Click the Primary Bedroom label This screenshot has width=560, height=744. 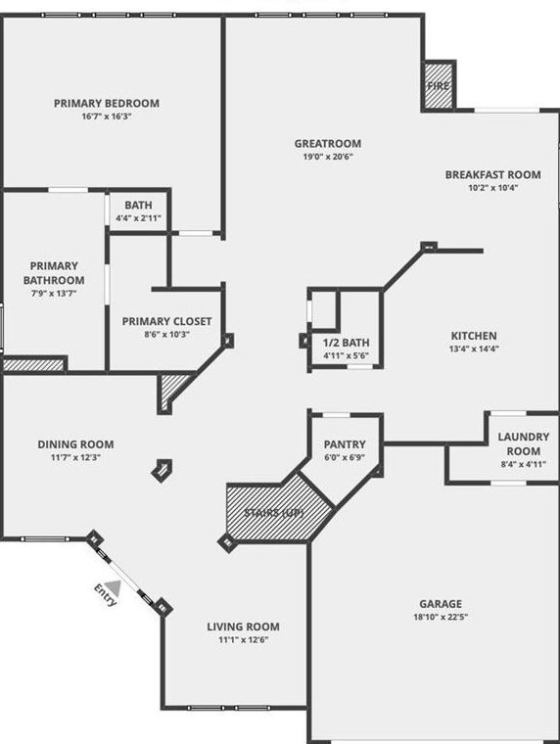pyautogui.click(x=107, y=103)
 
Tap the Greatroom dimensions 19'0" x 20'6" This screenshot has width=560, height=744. pyautogui.click(x=328, y=157)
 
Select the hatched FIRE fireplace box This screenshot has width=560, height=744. pyautogui.click(x=438, y=86)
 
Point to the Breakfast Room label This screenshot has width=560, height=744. pyautogui.click(x=492, y=174)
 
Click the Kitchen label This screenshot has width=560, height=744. pyautogui.click(x=474, y=336)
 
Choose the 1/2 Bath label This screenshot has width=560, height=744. pyautogui.click(x=346, y=343)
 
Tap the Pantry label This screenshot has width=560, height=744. pyautogui.click(x=345, y=444)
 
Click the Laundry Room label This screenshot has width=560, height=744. pyautogui.click(x=524, y=443)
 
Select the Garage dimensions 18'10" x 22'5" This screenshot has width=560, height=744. pyautogui.click(x=441, y=617)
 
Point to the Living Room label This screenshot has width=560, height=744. pyautogui.click(x=243, y=627)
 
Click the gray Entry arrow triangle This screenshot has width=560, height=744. pyautogui.click(x=114, y=588)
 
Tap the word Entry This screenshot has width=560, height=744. pyautogui.click(x=106, y=595)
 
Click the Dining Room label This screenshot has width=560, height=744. pyautogui.click(x=75, y=444)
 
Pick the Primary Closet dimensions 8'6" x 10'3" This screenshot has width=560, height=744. pyautogui.click(x=167, y=334)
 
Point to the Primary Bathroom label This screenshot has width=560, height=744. pyautogui.click(x=54, y=273)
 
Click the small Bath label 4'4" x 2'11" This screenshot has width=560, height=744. pyautogui.click(x=139, y=211)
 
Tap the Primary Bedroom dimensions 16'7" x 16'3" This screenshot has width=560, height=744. pyautogui.click(x=107, y=116)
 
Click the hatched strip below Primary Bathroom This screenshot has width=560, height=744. pyautogui.click(x=33, y=364)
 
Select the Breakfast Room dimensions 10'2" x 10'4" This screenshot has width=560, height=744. pyautogui.click(x=493, y=187)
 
